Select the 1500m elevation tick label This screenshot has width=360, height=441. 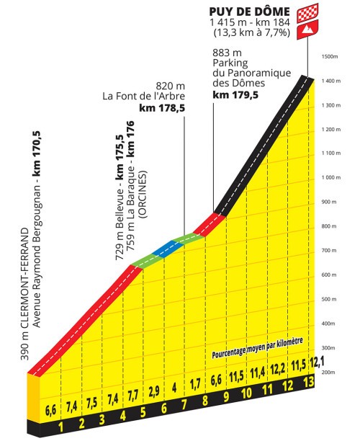[330, 56]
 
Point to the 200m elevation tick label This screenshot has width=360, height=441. [330, 371]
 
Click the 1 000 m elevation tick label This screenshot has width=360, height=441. [330, 177]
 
